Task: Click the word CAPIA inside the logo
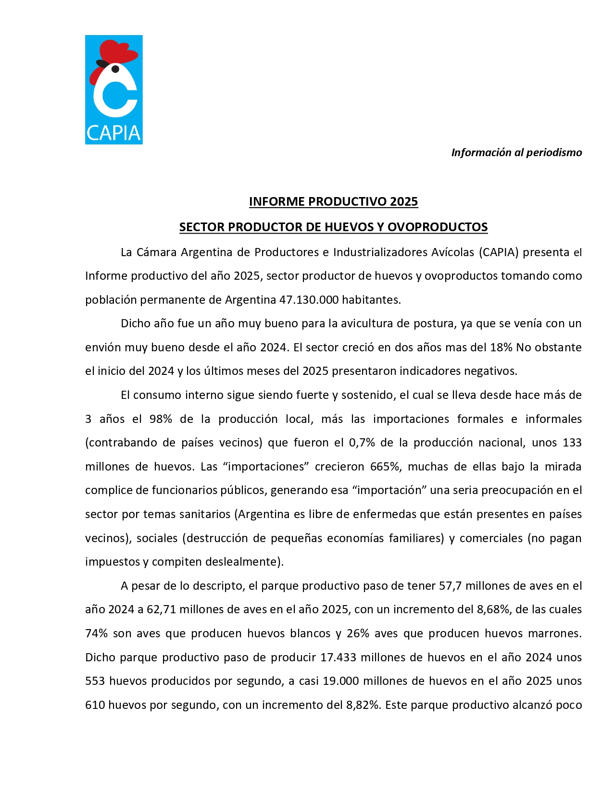113,133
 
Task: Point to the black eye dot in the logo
115,69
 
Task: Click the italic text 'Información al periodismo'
516,153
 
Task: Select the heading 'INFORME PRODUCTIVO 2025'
333,201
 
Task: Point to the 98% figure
161,419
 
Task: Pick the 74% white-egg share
96,633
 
